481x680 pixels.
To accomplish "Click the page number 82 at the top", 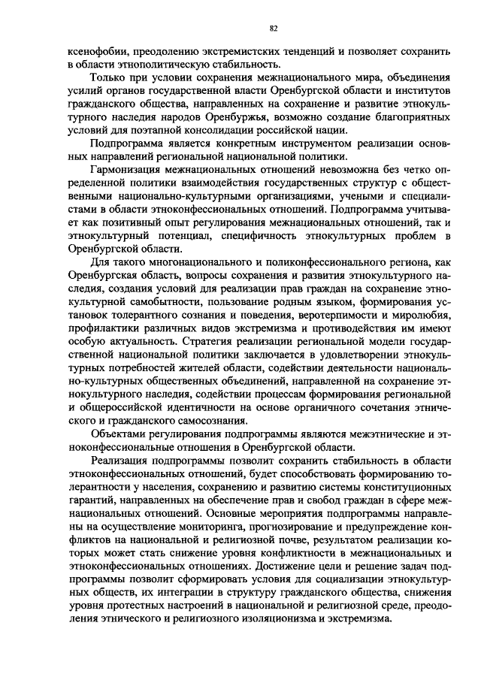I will pyautogui.click(x=274, y=29).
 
